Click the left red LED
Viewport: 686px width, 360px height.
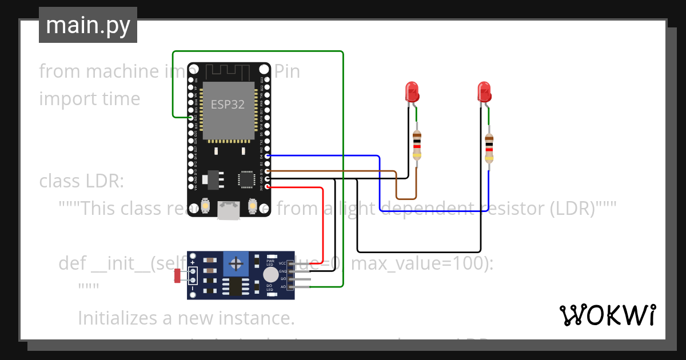coord(412,91)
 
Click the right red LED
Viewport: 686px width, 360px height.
coord(484,91)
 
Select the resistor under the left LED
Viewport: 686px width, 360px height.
coord(417,144)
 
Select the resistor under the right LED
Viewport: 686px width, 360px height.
coord(489,147)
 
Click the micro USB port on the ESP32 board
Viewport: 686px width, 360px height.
coord(229,210)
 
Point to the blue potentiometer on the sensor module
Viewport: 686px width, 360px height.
coord(234,264)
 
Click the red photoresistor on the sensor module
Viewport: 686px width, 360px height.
coord(178,275)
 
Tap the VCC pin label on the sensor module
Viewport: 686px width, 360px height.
coord(282,263)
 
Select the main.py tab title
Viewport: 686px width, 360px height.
coord(88,25)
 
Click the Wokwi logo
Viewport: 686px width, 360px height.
coord(607,315)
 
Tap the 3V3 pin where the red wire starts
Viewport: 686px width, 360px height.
coord(268,187)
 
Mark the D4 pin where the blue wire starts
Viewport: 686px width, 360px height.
coord(268,155)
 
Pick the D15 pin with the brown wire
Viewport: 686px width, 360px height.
coord(268,171)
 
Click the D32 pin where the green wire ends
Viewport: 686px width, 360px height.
coord(191,117)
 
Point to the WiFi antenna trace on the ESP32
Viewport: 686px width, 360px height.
coord(229,71)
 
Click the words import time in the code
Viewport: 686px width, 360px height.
coord(89,98)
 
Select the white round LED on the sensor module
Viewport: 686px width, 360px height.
coord(270,275)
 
